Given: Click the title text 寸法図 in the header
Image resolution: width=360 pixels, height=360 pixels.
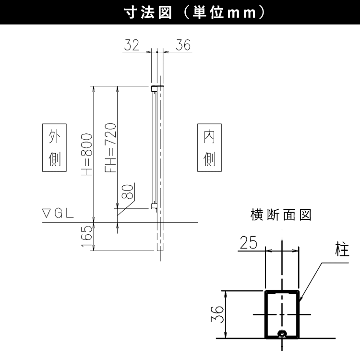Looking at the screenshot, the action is pos(148,12).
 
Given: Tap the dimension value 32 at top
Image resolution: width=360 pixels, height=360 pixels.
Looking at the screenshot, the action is pos(132,45).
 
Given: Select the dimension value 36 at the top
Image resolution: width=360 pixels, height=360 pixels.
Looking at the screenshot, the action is pos(183,45).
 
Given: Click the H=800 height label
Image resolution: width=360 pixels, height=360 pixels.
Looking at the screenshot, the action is pos(87,155).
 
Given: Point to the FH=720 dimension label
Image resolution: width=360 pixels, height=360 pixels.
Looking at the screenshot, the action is pos(110,148).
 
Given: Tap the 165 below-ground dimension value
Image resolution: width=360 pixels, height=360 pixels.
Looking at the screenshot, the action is pos(87,236).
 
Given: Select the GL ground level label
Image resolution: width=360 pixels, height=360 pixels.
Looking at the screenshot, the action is pos(64,214).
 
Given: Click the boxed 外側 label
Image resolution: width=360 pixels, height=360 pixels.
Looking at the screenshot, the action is pos(54,148).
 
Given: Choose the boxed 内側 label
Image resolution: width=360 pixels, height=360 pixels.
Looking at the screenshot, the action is pos(209,148).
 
